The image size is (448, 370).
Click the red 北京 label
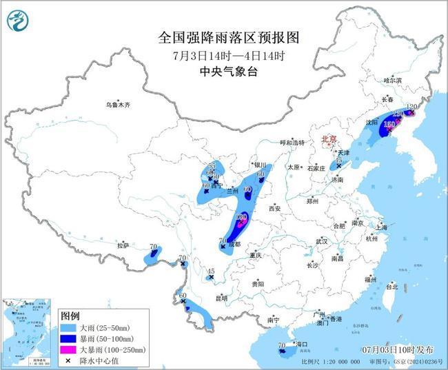(329, 140)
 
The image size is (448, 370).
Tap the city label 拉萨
(123, 245)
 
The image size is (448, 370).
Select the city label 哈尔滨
(392, 81)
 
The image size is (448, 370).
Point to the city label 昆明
(222, 298)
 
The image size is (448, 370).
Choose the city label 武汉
(322, 241)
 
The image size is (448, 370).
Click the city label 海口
(301, 343)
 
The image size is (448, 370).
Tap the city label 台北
(391, 286)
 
